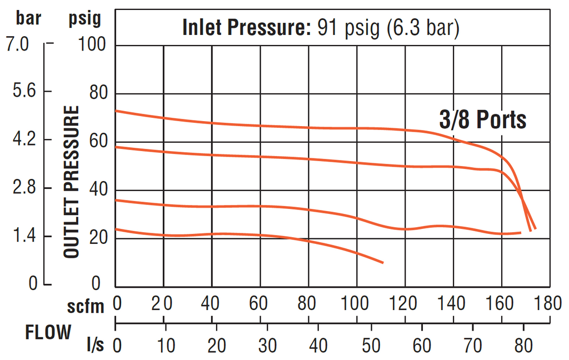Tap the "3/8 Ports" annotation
[482, 119]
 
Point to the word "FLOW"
[48, 332]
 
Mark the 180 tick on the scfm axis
[549, 303]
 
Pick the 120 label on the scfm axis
[405, 303]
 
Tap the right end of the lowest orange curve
[383, 262]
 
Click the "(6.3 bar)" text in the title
[422, 27]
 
